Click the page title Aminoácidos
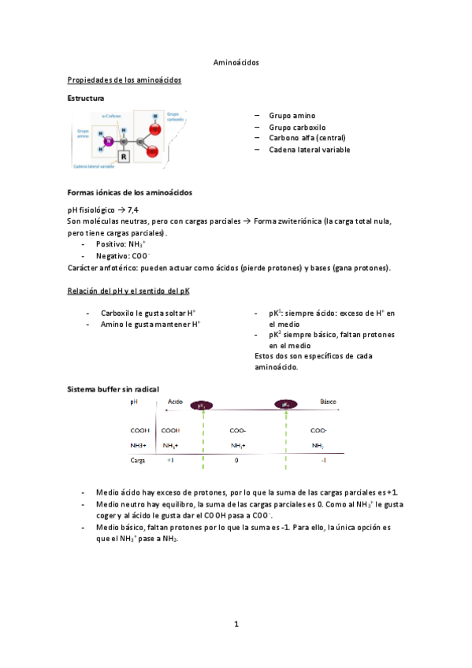point(236,61)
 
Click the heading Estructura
point(86,98)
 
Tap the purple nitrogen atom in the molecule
point(111,143)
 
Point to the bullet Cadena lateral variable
point(309,150)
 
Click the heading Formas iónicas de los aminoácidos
point(129,192)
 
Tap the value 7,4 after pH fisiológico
point(133,210)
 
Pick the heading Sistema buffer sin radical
point(113,389)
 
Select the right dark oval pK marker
point(286,405)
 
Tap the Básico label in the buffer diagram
point(328,402)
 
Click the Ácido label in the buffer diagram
point(176,402)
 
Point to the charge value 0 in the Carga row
point(236,459)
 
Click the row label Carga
point(139,459)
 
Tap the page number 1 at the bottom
point(236,624)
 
